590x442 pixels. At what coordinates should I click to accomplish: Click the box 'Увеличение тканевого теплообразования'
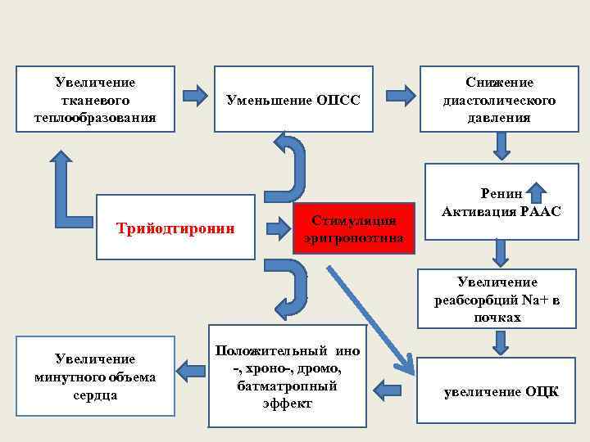point(95,99)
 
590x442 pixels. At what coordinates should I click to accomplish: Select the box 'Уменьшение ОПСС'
point(293,99)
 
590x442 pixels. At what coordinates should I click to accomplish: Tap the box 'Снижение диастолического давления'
point(499,99)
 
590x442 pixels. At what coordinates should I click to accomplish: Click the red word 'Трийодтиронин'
point(175,228)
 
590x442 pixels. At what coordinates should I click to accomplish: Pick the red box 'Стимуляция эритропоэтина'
point(349,228)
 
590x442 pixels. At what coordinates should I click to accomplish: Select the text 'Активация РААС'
point(501,212)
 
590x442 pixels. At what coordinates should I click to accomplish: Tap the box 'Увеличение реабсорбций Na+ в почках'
point(498,299)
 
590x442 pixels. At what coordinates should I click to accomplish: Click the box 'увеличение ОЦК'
point(501,391)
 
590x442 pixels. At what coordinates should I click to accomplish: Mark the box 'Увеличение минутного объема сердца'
point(96,377)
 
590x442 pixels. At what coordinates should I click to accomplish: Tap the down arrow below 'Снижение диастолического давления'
point(502,145)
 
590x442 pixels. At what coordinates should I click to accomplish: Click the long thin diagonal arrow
point(369,315)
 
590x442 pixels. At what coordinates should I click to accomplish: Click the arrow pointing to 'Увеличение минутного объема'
point(191,372)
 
